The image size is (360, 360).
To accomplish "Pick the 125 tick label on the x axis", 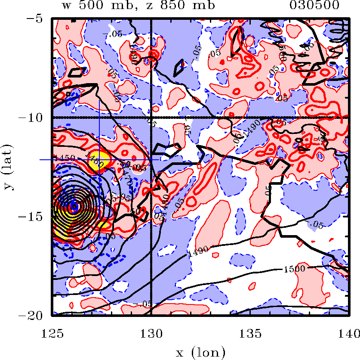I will [52, 332].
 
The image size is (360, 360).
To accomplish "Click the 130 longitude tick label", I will [151, 332].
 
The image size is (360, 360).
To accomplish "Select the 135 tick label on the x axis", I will [249, 332].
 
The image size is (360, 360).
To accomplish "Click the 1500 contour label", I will [294, 269].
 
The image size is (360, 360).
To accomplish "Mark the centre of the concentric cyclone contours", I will [74, 206].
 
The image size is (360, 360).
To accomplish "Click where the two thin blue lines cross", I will [100, 159].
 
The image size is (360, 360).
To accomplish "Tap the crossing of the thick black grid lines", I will [151, 118].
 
